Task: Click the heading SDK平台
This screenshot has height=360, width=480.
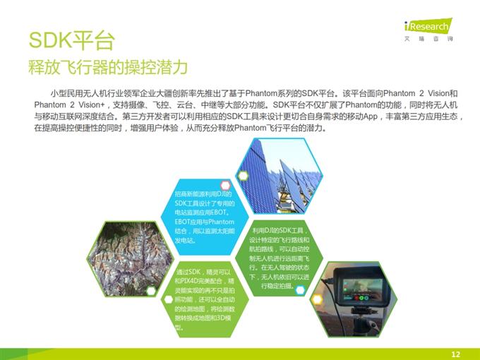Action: (70, 40)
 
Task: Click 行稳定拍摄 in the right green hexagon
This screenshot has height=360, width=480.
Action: (277, 286)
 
